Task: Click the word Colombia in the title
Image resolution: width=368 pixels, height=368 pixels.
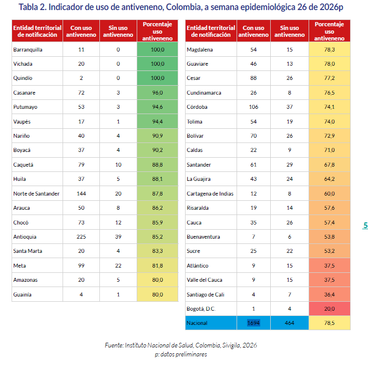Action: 183,7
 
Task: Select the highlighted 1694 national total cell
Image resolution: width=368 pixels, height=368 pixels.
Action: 253,323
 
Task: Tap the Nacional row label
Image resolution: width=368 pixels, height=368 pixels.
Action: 197,323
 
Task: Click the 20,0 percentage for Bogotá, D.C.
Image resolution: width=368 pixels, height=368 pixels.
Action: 329,309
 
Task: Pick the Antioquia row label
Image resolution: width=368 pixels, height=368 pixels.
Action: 25,237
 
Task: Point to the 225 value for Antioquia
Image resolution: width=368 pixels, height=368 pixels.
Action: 81,237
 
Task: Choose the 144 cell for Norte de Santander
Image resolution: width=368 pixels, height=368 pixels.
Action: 81,193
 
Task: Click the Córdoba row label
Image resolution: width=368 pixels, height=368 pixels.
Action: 197,107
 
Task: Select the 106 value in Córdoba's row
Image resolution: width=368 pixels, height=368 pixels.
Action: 253,107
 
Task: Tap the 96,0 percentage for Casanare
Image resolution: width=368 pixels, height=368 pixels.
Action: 157,93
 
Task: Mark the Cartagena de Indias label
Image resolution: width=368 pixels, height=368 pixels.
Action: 210,193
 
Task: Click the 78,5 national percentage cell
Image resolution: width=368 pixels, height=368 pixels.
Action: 329,323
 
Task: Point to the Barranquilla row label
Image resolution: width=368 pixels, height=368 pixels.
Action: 28,49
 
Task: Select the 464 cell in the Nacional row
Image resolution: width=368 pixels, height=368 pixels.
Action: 289,323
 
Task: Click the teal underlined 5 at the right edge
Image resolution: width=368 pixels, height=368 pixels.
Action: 365,226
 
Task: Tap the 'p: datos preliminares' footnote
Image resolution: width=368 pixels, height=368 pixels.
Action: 181,354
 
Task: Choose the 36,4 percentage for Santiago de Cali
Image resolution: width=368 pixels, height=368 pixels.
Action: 329,294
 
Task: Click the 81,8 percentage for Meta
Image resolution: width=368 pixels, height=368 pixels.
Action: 157,265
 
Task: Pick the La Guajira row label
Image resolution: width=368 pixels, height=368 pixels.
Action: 199,179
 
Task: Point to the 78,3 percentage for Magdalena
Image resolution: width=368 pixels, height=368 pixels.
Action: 329,49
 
